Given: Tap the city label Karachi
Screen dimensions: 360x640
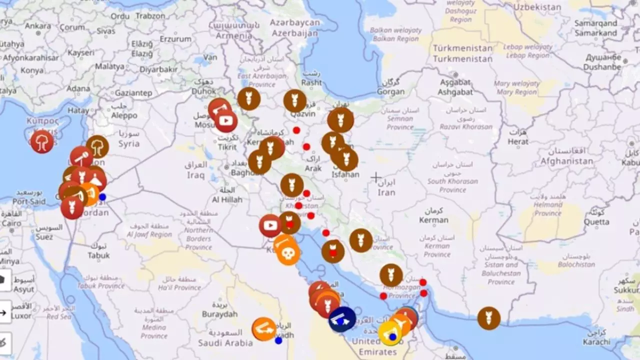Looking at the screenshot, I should pos(596,342).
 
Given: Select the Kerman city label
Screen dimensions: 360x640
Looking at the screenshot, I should pos(433,220).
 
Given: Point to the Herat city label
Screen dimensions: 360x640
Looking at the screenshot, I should pos(518,141).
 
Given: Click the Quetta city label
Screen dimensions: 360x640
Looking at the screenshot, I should pos(596,222).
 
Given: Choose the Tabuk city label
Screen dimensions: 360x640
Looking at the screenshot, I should pos(98,255).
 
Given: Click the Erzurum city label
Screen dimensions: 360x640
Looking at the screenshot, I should pos(175,39).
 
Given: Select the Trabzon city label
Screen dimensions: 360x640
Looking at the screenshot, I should pos(150,16).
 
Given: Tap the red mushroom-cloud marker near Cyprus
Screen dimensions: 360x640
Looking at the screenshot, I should pos(42,141).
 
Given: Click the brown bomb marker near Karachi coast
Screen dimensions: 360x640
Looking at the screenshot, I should pos(488,318).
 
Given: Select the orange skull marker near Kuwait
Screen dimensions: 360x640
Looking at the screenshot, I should pos(288,253).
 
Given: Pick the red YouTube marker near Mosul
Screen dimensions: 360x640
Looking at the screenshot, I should pos(226,121).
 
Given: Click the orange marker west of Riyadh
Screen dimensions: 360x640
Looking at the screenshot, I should pos(264,329).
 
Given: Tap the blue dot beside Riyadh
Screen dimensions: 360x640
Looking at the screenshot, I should pos(278,340).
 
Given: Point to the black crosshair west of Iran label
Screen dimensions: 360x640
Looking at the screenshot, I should pos(376,177).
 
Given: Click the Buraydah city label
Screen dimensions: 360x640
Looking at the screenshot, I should pos(219,314).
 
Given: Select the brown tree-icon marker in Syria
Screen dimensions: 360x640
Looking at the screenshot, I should pos(97,146).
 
